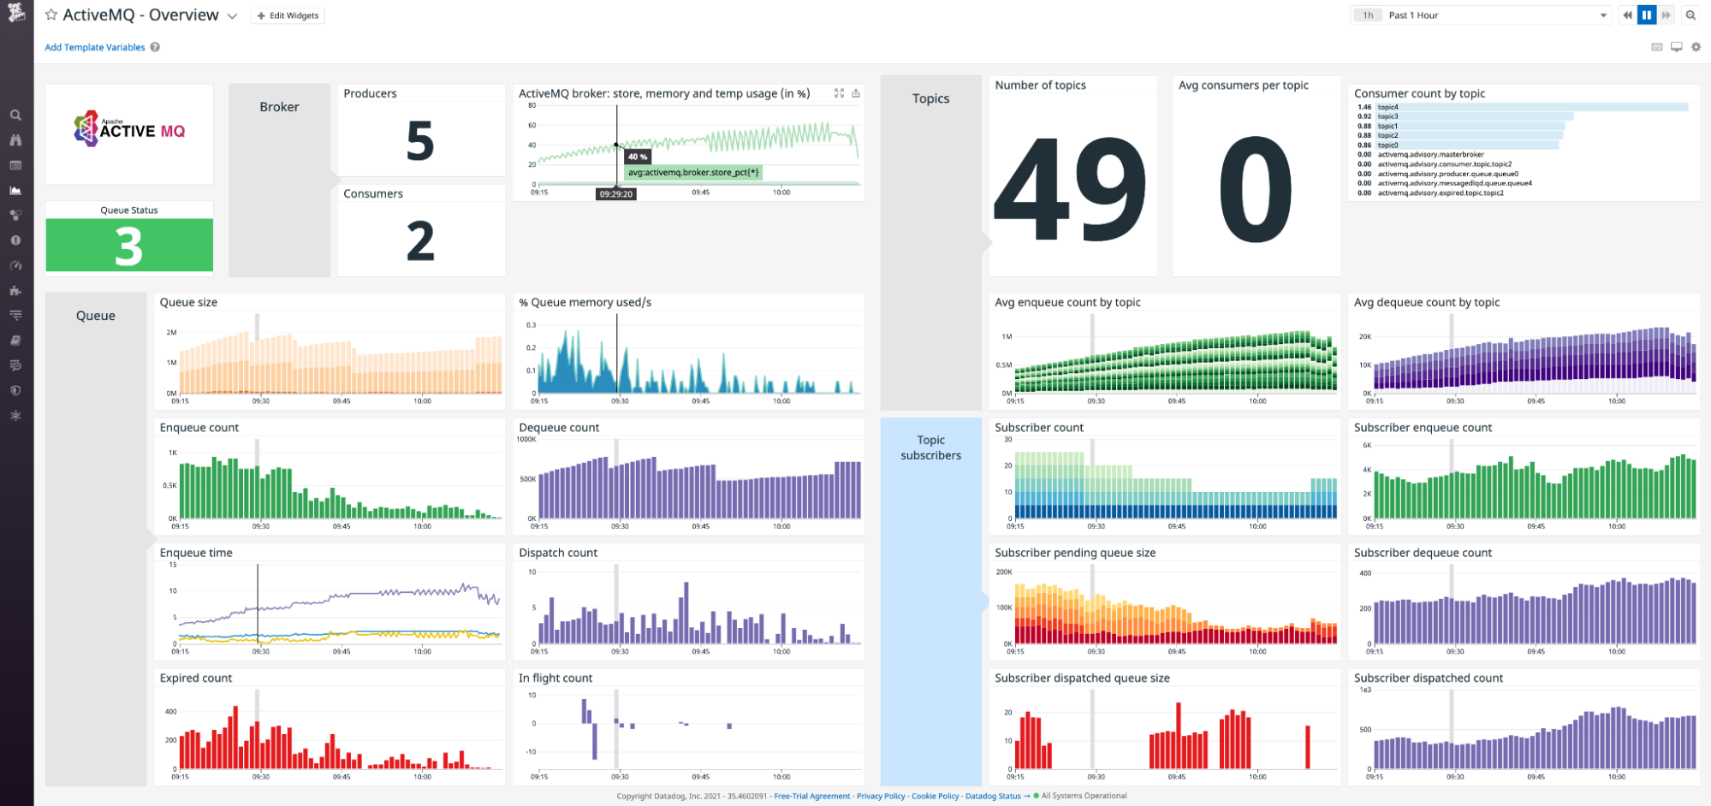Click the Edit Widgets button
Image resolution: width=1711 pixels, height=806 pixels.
click(288, 15)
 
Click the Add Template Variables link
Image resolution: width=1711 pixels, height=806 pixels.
click(94, 47)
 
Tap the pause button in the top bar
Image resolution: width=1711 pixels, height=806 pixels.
click(1646, 15)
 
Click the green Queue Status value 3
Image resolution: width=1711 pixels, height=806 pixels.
click(129, 246)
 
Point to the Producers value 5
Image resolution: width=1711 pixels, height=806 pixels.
click(419, 141)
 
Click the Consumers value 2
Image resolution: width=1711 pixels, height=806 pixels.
click(419, 241)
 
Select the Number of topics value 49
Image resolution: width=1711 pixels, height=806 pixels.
click(1070, 190)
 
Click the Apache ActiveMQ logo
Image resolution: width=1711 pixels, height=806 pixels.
click(129, 129)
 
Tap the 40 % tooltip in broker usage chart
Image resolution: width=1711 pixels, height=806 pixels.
click(638, 157)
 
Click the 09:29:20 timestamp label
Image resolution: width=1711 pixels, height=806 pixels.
click(616, 194)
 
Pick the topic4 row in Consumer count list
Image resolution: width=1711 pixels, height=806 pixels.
click(1387, 107)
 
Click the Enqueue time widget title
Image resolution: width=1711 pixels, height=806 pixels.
click(196, 553)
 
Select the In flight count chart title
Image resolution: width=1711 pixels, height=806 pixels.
click(555, 678)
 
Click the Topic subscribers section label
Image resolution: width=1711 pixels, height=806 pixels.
click(930, 447)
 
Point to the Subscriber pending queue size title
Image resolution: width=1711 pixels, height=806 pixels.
click(1074, 553)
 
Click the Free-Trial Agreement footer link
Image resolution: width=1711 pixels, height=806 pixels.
click(811, 796)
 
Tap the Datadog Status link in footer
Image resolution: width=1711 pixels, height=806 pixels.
click(993, 796)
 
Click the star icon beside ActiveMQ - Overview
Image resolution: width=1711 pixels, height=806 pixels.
click(51, 15)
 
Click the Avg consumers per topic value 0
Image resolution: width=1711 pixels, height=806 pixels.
click(1255, 190)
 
